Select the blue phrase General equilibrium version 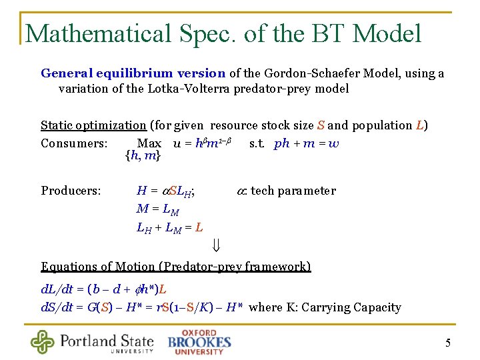coord(133,73)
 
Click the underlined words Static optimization coord(93,125)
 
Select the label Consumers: coord(74,143)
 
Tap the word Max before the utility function coord(149,143)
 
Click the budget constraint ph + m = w coord(307,143)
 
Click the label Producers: coord(71,191)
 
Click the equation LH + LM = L coord(169,228)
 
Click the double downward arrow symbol coord(216,246)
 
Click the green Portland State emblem coord(43,342)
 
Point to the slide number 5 coord(448,343)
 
